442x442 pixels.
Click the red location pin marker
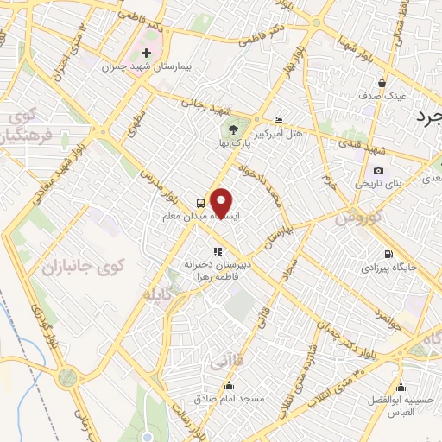(222, 203)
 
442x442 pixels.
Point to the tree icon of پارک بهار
(235, 130)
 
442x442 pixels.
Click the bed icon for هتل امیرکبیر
(277, 120)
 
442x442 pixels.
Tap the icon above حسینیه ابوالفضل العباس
(400, 387)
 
